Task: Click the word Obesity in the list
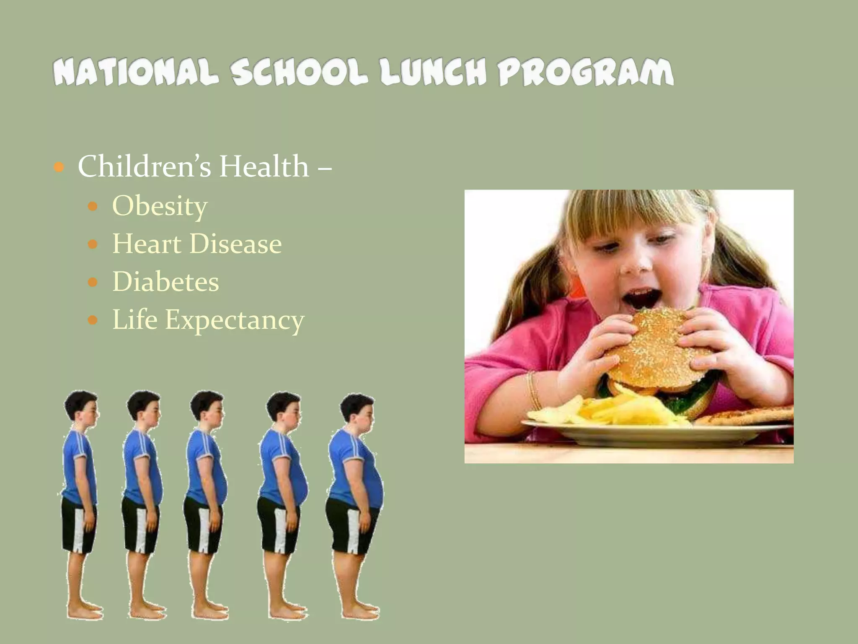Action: point(160,206)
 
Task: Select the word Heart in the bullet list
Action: point(147,244)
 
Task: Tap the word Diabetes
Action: point(165,281)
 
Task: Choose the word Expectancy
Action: point(235,320)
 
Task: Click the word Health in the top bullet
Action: point(264,166)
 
